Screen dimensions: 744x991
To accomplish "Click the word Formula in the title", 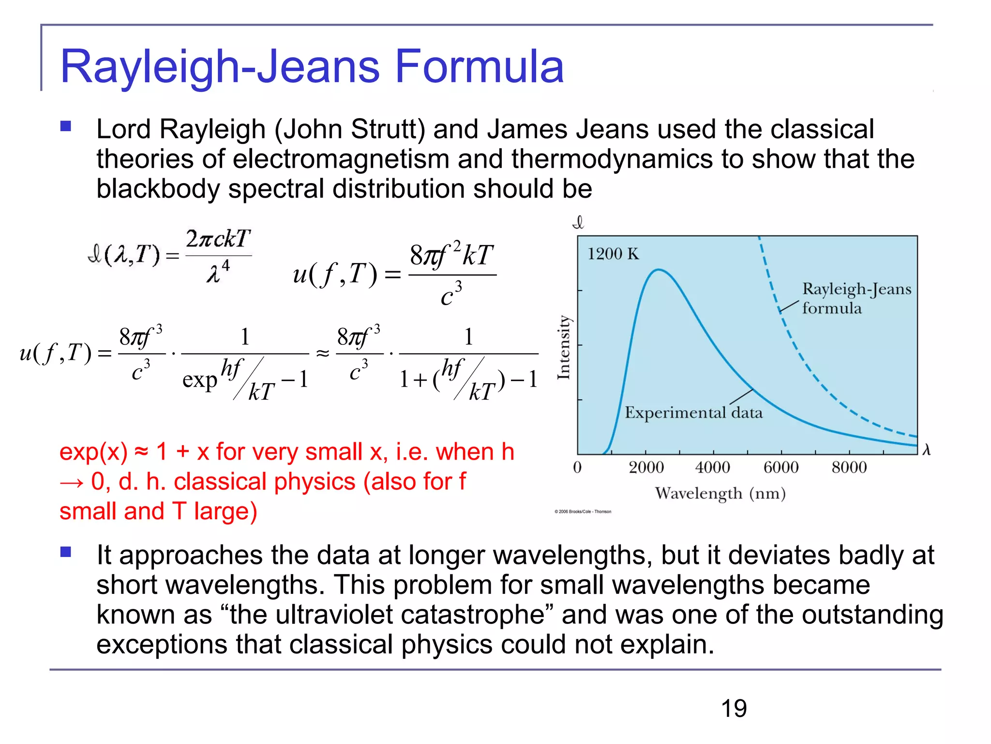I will [x=479, y=67].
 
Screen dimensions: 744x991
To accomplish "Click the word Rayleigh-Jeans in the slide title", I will [x=220, y=67].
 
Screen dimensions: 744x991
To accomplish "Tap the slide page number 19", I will [x=734, y=709].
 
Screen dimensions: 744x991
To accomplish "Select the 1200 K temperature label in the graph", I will [x=613, y=254].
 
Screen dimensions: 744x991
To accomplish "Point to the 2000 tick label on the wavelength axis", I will [x=646, y=467].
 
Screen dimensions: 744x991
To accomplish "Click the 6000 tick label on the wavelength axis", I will [x=781, y=467].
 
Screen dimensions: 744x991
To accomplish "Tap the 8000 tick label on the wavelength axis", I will [x=849, y=467].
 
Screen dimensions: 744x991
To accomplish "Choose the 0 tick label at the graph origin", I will [x=577, y=467].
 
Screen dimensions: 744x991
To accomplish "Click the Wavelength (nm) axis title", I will [x=720, y=494].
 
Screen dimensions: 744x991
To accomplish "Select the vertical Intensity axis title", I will [x=564, y=347].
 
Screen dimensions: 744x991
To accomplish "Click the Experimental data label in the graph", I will [x=693, y=413].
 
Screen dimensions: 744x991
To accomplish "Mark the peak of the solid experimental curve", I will [x=659, y=270].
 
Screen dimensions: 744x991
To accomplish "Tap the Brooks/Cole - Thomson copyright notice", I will [x=583, y=511].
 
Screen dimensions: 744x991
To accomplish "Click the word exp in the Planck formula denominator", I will [x=199, y=380].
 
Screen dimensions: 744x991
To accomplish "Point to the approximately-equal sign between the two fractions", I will [x=323, y=354].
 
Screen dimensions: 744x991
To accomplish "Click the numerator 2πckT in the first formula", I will [x=218, y=239].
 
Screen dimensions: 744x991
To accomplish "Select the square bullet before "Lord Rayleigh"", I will [x=66, y=127].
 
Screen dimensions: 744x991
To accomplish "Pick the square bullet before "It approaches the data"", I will [x=66, y=552].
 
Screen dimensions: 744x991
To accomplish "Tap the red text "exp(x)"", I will [x=93, y=452].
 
